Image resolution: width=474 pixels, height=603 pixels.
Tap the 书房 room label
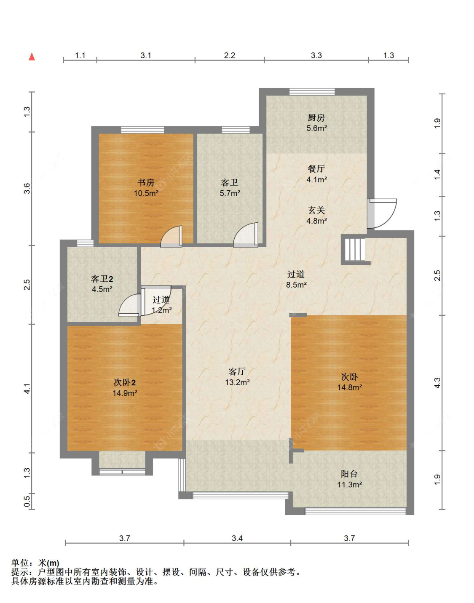tap(146, 183)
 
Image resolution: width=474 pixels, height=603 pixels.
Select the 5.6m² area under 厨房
tap(316, 128)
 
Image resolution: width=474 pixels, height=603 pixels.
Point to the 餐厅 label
tap(316, 169)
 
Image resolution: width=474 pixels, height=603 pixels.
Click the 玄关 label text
tap(316, 211)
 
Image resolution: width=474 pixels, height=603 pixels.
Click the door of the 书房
tap(171, 236)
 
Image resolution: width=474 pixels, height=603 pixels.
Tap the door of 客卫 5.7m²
tap(246, 235)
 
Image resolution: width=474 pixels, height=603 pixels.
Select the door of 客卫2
tap(130, 305)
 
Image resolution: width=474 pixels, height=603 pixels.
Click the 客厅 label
tap(237, 371)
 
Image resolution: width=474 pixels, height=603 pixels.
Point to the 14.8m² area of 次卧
tap(349, 387)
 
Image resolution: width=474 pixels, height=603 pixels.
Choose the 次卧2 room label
tap(125, 383)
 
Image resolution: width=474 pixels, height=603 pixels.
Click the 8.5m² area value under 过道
tap(296, 285)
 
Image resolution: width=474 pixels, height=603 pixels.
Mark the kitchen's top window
tap(312, 91)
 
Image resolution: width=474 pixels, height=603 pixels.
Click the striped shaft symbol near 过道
tap(355, 250)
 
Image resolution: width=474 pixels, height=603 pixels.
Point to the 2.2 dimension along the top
tap(230, 56)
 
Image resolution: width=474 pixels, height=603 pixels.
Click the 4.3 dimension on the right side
tap(437, 383)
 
